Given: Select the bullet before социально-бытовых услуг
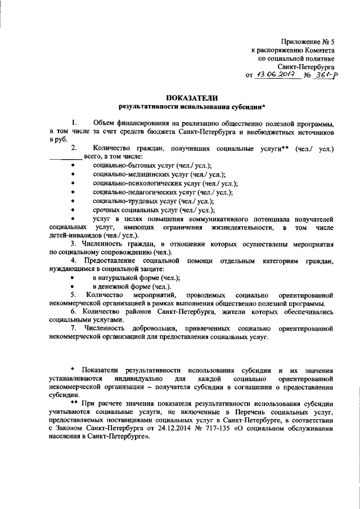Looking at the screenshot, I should pyautogui.click(x=74, y=166).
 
